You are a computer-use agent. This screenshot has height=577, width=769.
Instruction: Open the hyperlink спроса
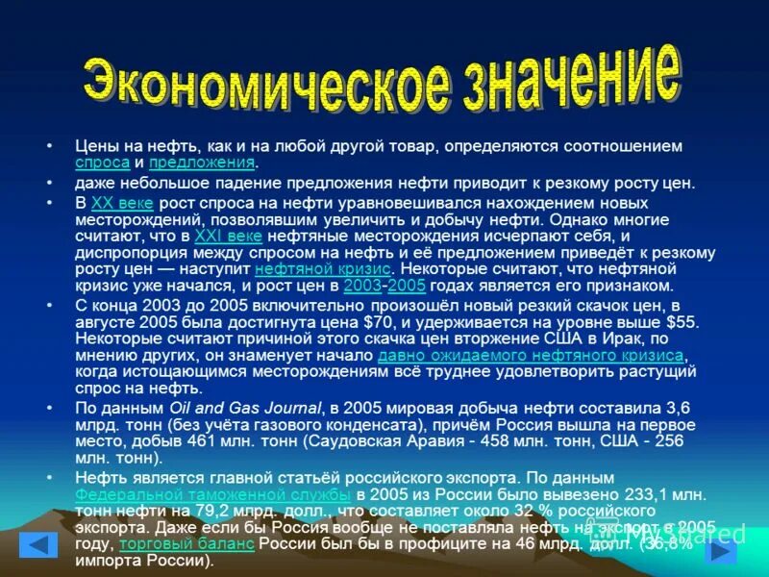[x=102, y=163]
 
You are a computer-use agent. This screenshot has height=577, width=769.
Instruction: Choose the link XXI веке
[x=228, y=235]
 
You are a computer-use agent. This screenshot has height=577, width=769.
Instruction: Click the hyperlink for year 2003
[x=361, y=286]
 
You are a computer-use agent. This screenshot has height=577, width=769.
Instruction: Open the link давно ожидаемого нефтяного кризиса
[x=530, y=355]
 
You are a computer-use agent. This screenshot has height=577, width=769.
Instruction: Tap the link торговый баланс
[x=186, y=543]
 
